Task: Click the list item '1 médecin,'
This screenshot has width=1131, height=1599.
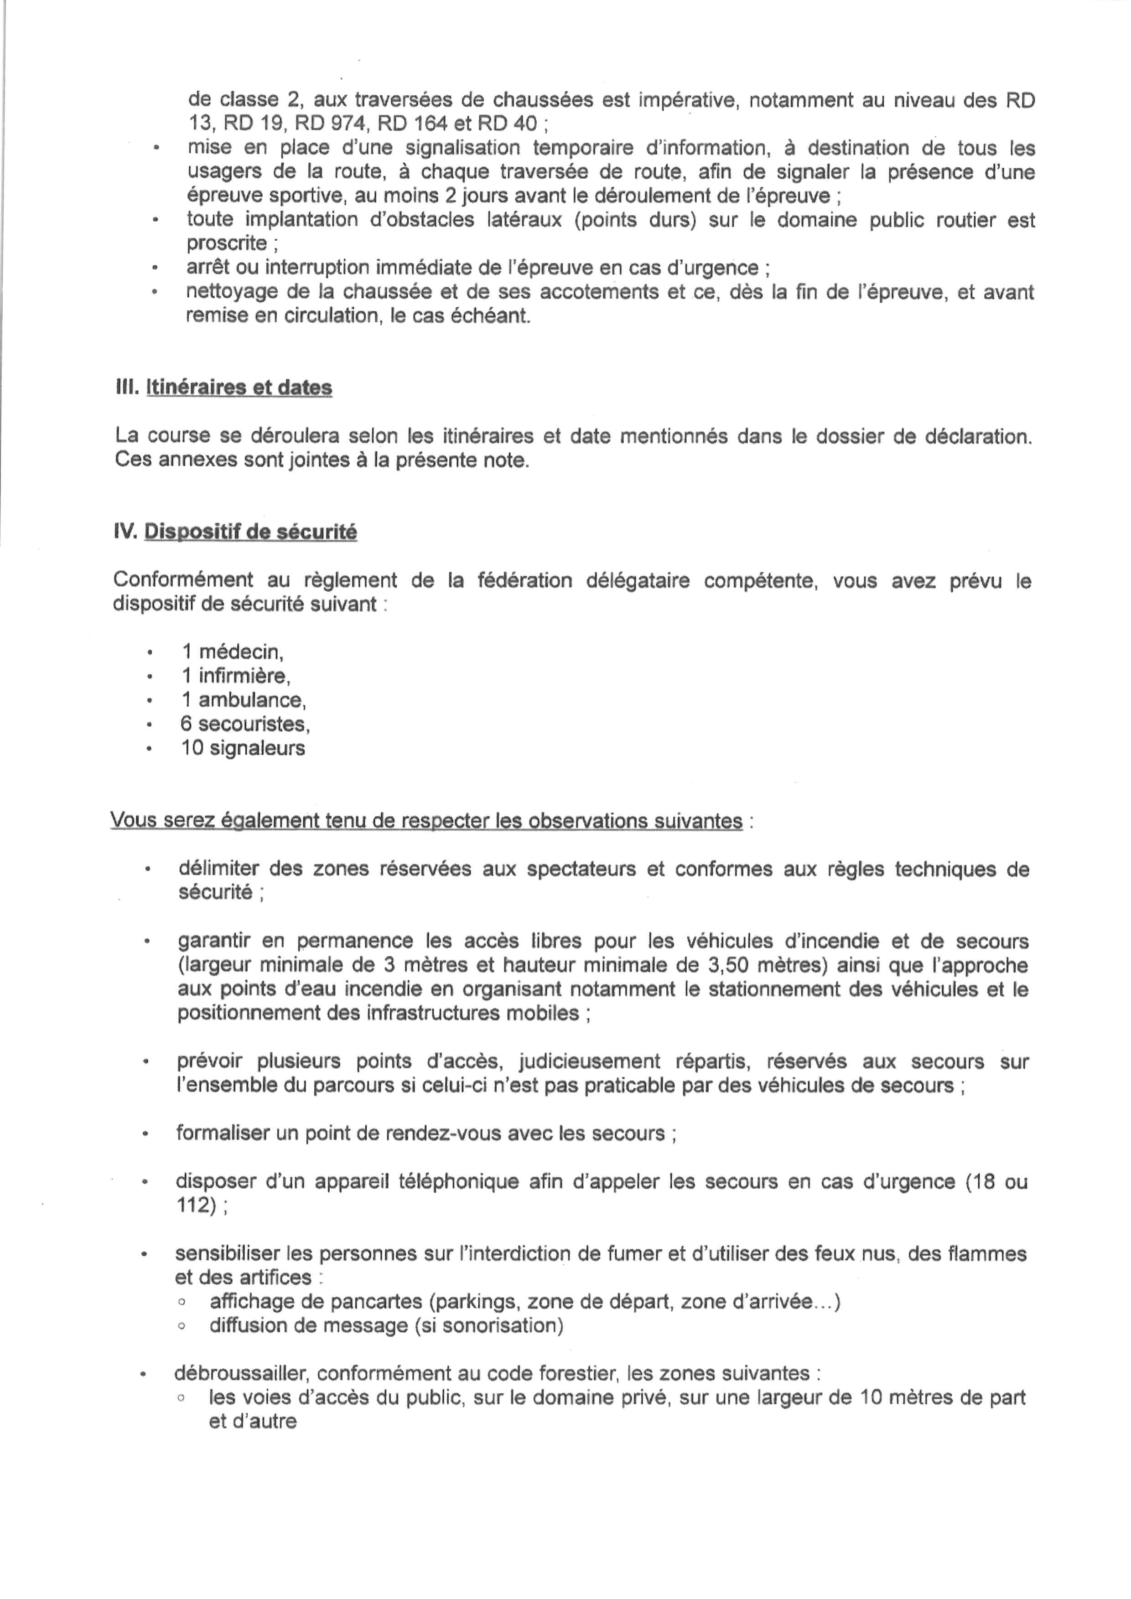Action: coord(233,652)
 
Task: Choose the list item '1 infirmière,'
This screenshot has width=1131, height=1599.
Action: coord(235,676)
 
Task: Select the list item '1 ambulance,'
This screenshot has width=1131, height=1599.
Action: coord(244,700)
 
